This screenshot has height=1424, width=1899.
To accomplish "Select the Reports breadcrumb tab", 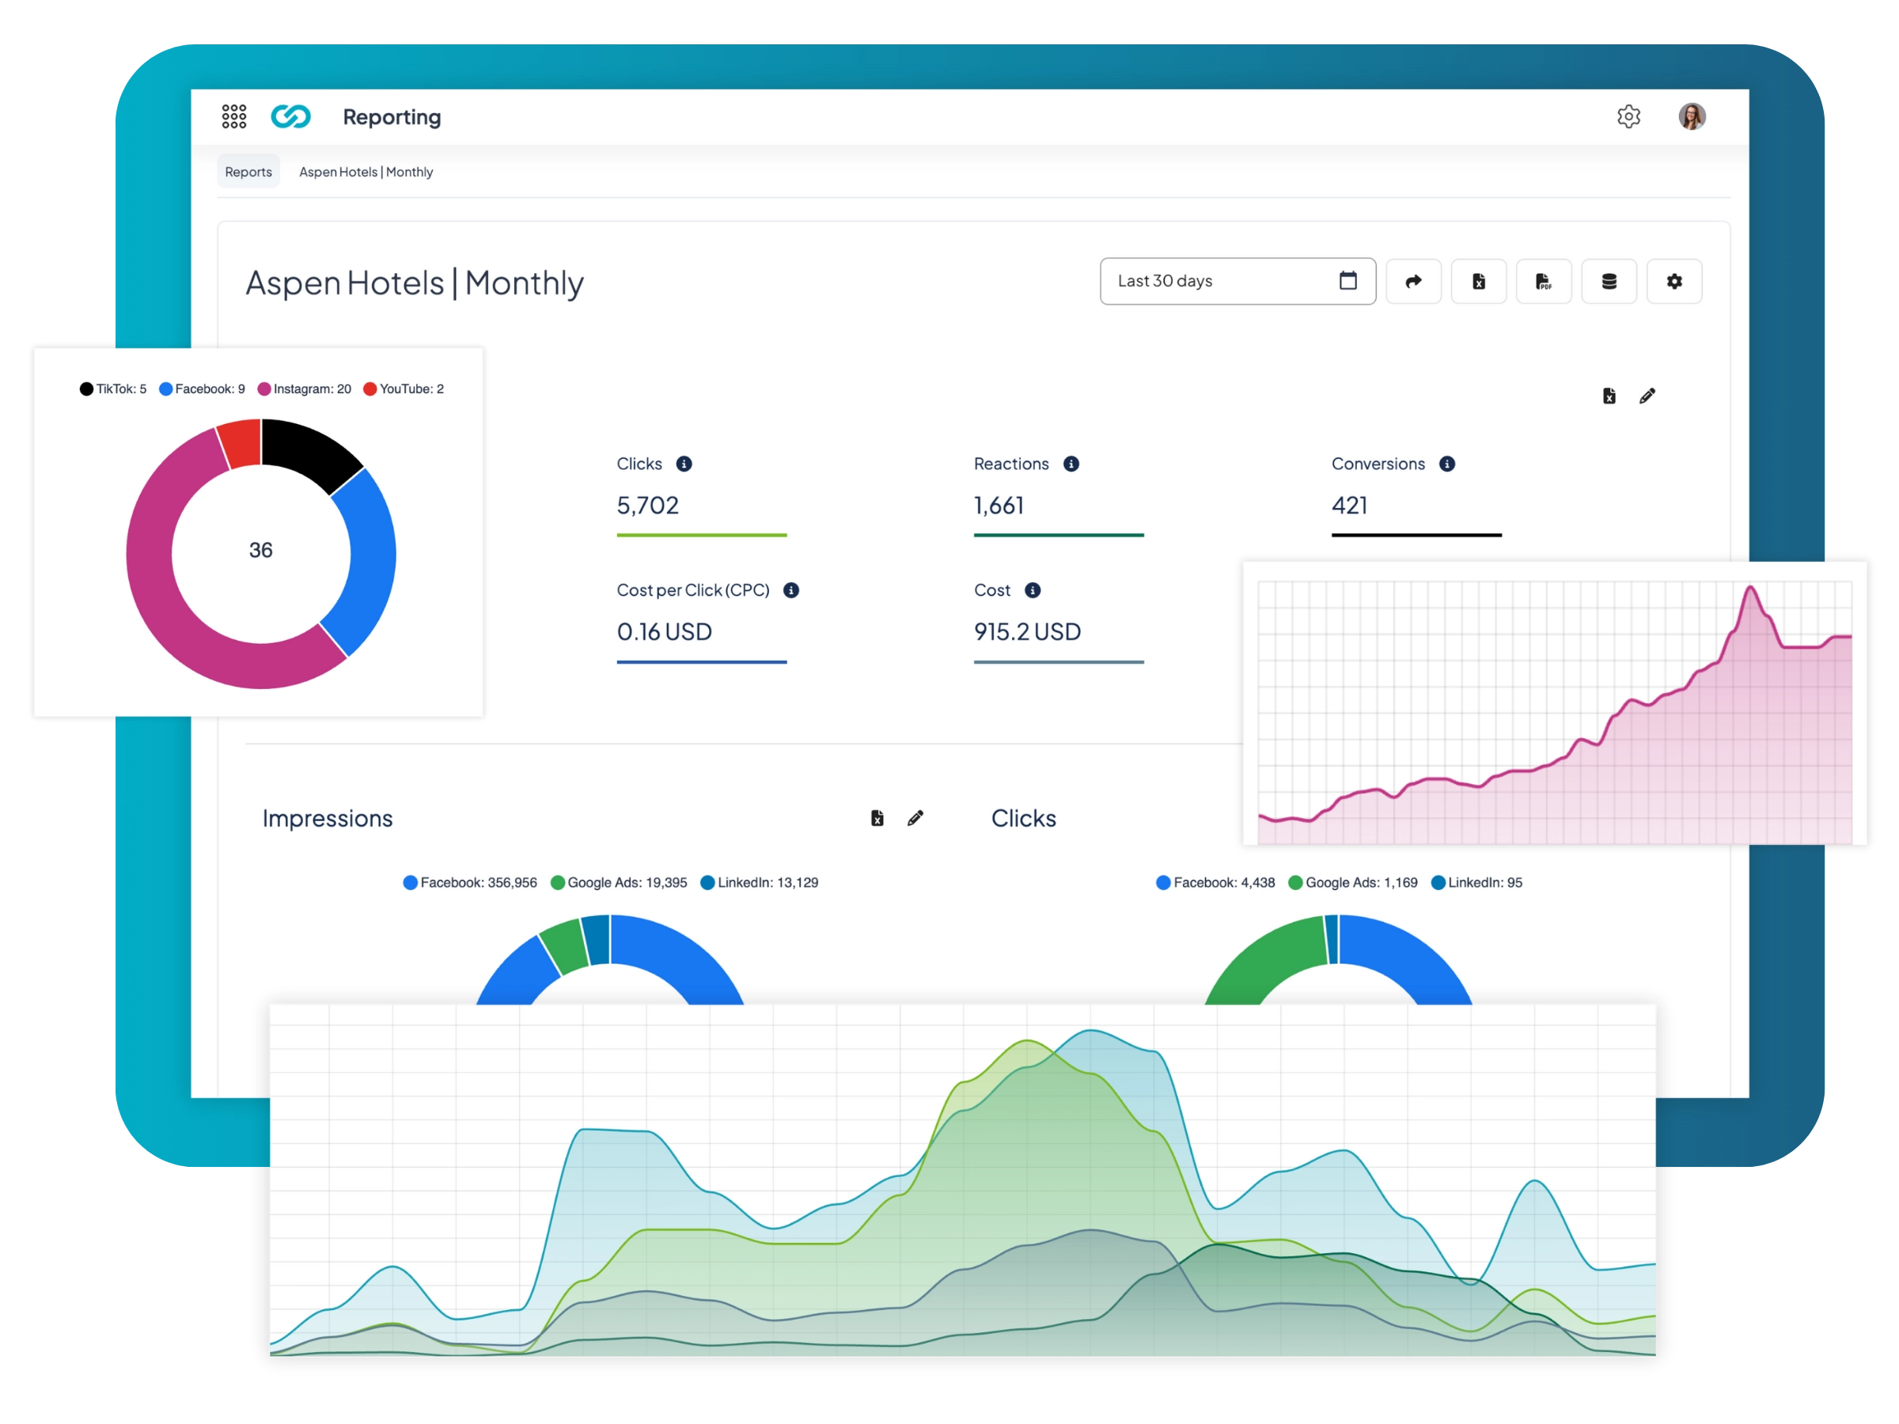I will [248, 172].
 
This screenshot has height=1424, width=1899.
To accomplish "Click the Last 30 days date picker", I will [1237, 281].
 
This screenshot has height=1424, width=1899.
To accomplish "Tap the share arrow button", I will [1413, 281].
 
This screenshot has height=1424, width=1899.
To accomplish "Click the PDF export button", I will [1544, 281].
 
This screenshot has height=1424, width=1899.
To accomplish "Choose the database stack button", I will [1609, 281].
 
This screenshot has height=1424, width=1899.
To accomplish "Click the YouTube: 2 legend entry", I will [404, 389].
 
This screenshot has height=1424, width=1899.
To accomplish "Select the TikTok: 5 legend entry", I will [113, 389].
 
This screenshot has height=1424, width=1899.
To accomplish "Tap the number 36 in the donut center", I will [261, 550].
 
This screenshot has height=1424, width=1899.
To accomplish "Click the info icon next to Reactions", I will [1071, 464].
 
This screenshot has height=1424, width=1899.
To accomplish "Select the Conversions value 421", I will [1350, 506].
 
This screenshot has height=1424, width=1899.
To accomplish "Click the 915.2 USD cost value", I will [1027, 632].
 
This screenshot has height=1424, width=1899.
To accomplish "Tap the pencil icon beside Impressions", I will [915, 818].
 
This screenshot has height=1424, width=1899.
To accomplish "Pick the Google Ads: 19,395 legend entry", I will [619, 882].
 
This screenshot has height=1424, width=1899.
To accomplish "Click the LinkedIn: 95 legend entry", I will [1476, 882].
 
